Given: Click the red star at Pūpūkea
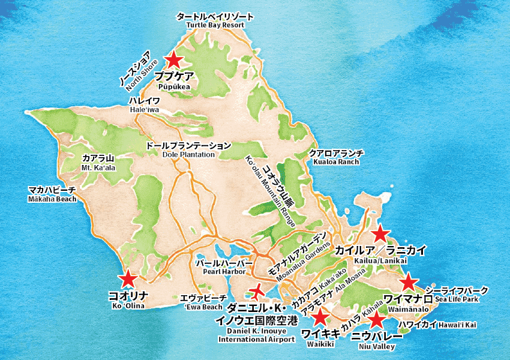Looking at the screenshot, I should (173, 59).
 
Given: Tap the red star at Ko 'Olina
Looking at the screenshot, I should (127, 279).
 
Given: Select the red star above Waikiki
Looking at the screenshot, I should (320, 317).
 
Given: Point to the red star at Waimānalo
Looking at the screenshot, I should (409, 281).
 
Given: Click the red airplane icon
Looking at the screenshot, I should (256, 292).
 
